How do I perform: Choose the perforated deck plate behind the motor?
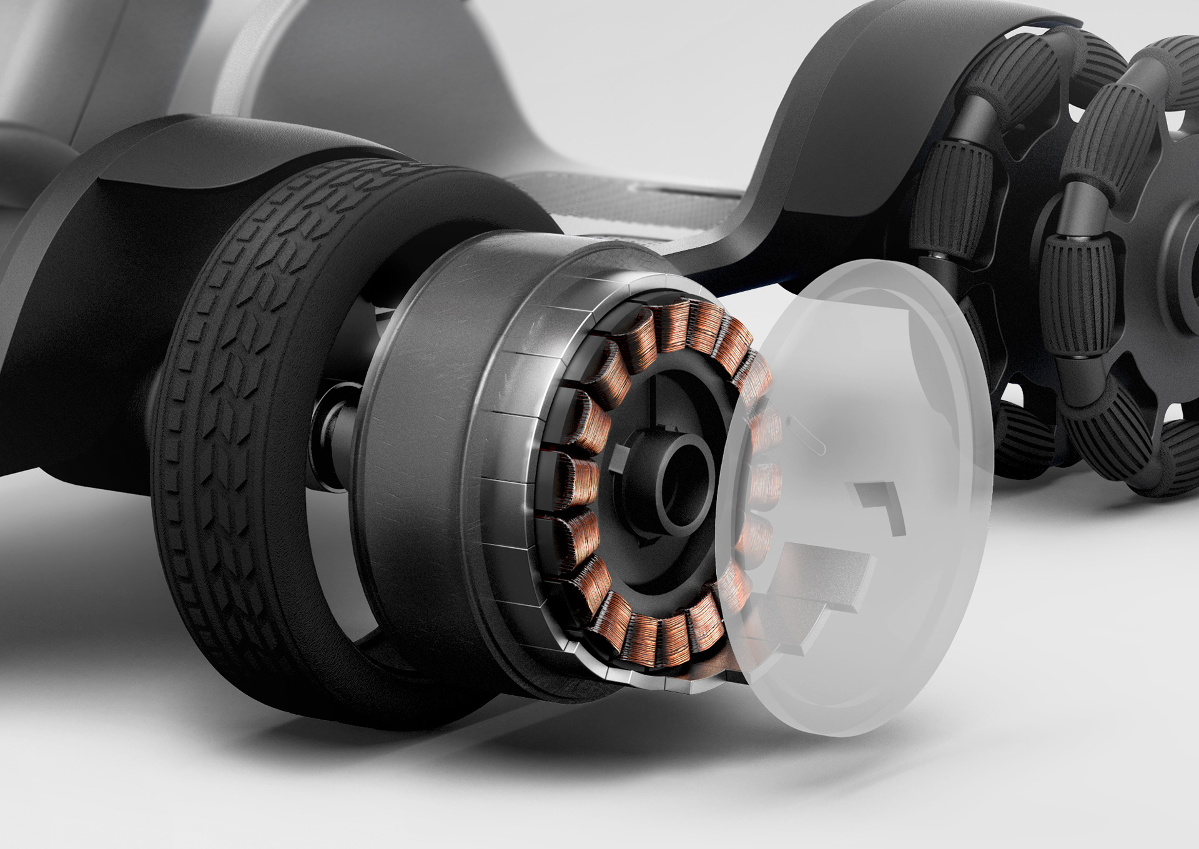581,200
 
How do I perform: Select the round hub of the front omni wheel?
1180,250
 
